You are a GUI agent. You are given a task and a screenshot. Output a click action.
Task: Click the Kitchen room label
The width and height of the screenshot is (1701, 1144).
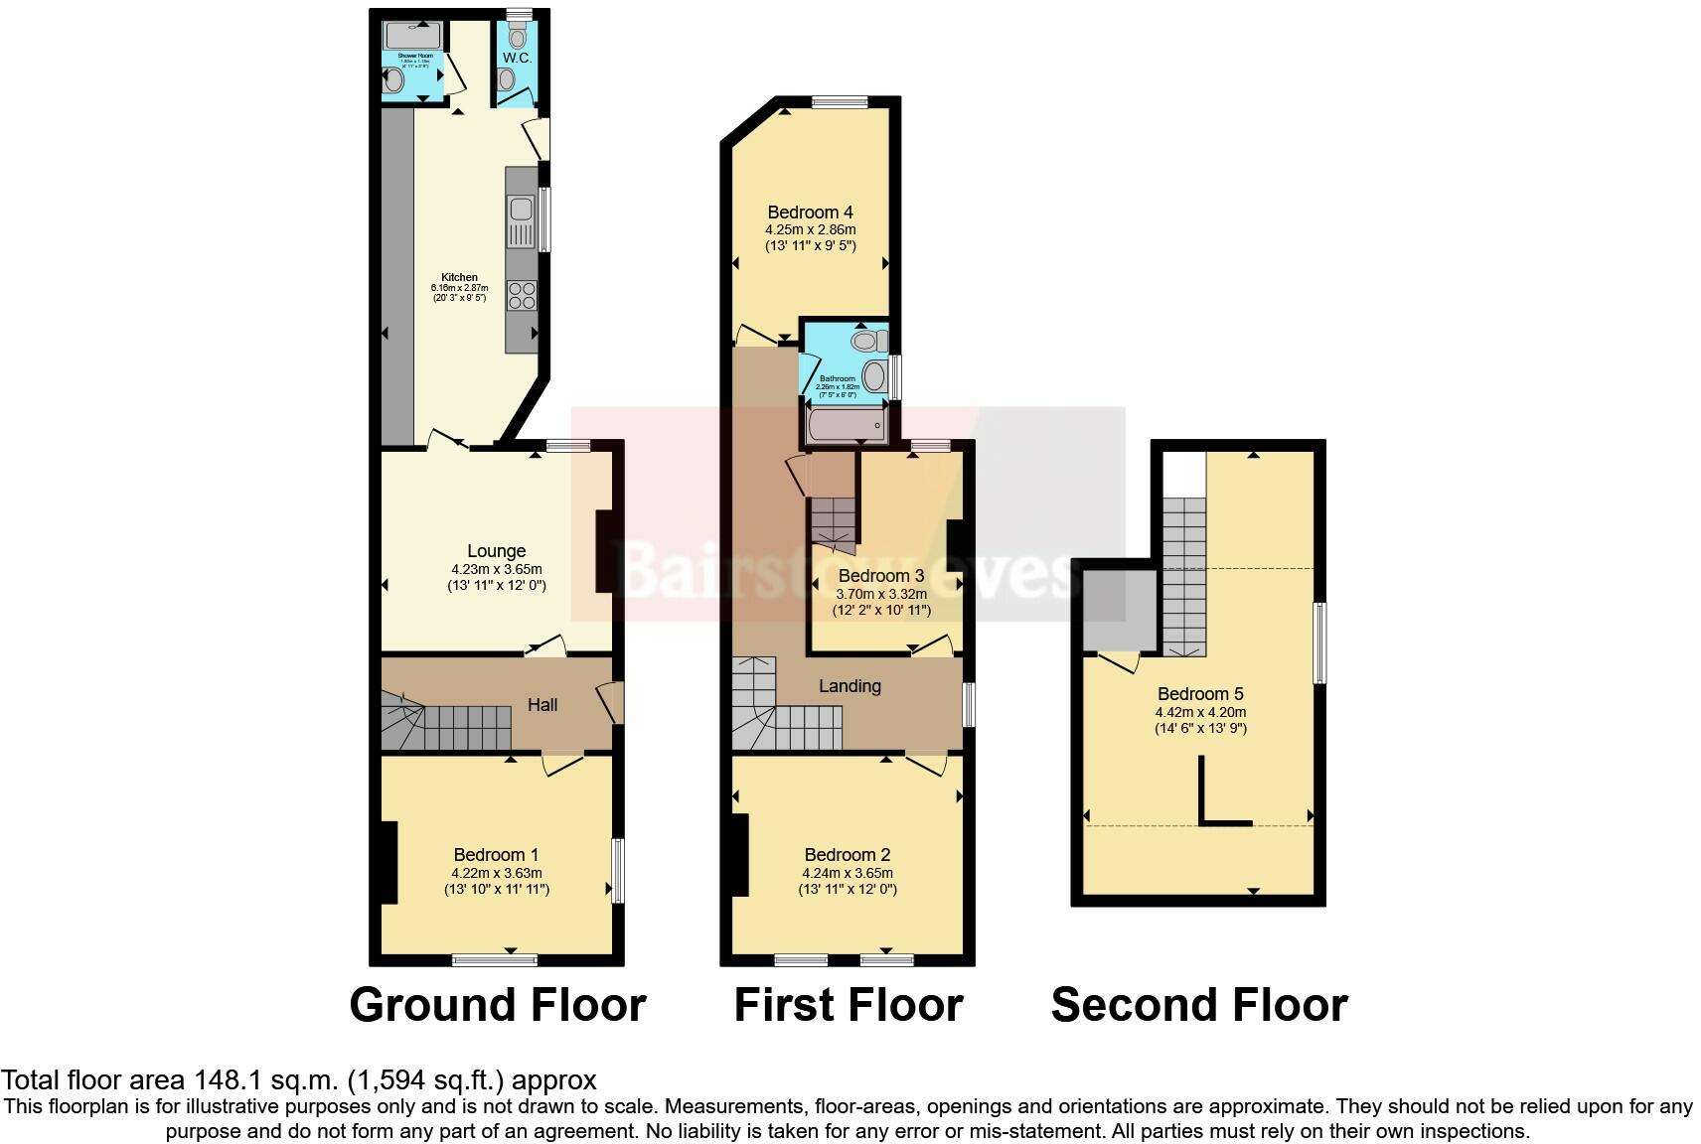click(459, 277)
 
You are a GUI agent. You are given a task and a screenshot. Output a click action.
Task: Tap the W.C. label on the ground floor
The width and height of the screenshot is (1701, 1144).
click(517, 59)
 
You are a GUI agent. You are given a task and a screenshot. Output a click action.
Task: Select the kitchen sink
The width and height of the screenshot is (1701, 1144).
click(520, 211)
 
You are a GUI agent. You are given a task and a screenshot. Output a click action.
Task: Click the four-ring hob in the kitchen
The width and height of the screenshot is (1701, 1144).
click(522, 295)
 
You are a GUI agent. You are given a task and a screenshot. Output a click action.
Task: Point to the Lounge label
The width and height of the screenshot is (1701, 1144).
click(496, 551)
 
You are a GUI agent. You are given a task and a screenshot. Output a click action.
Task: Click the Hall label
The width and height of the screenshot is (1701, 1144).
click(542, 705)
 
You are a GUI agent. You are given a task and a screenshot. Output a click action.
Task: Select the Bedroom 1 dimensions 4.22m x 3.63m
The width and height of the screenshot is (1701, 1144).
click(496, 873)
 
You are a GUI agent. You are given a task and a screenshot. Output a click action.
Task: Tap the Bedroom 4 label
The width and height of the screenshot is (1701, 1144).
click(810, 213)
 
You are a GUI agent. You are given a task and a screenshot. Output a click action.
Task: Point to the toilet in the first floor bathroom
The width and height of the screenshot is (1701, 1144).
click(867, 342)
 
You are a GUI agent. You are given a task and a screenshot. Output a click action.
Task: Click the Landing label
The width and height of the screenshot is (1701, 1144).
click(850, 686)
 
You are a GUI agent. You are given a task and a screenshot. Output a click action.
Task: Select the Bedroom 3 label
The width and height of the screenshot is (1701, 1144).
click(880, 576)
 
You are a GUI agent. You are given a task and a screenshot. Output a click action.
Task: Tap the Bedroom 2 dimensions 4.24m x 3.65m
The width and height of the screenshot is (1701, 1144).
click(847, 873)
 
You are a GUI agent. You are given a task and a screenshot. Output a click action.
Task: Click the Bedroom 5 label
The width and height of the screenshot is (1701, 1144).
click(1199, 694)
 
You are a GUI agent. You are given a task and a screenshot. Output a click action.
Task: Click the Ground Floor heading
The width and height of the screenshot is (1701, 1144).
click(497, 1005)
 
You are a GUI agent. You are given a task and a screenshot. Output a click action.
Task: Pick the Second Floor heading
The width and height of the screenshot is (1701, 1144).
click(1198, 1005)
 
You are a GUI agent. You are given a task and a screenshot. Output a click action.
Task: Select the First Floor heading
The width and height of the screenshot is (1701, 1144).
click(848, 1005)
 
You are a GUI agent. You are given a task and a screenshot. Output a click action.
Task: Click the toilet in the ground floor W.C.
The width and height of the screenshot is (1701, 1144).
click(516, 38)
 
